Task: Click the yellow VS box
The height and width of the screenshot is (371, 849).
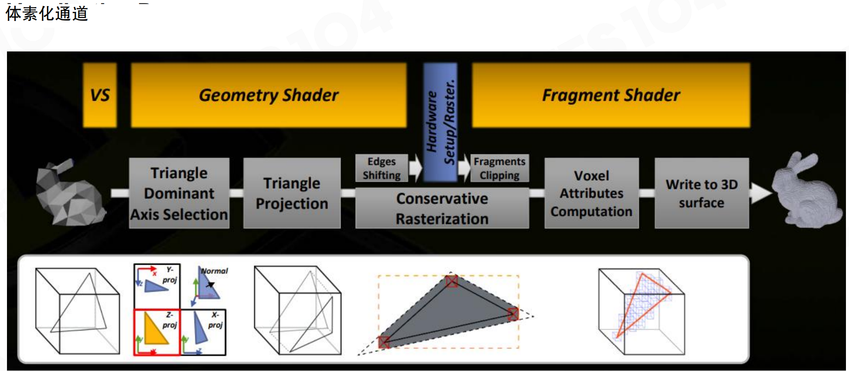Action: (x=100, y=95)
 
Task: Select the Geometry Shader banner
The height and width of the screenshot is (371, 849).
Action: (x=269, y=95)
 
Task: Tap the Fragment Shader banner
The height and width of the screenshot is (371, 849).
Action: (x=611, y=95)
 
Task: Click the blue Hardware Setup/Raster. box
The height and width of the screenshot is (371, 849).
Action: (x=440, y=122)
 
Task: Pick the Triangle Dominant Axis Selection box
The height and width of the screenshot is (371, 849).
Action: (x=179, y=193)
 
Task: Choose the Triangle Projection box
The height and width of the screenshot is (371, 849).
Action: (x=292, y=193)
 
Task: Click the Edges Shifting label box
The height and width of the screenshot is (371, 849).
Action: (x=382, y=168)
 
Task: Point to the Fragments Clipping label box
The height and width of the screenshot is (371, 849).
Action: (x=499, y=168)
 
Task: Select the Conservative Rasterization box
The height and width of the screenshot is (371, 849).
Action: (x=442, y=208)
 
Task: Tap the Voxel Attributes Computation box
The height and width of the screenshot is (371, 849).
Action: (x=591, y=193)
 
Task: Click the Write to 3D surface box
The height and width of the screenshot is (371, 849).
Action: (x=702, y=193)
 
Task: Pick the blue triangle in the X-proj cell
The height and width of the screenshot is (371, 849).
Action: (x=201, y=328)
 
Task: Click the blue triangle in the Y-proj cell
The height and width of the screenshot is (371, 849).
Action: (x=156, y=286)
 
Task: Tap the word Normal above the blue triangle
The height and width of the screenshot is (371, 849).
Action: (x=215, y=271)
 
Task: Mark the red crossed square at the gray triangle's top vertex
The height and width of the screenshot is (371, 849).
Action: (x=452, y=281)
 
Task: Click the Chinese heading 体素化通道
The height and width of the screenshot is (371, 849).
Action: (x=47, y=14)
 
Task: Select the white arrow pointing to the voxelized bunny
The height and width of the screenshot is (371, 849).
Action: (x=760, y=193)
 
